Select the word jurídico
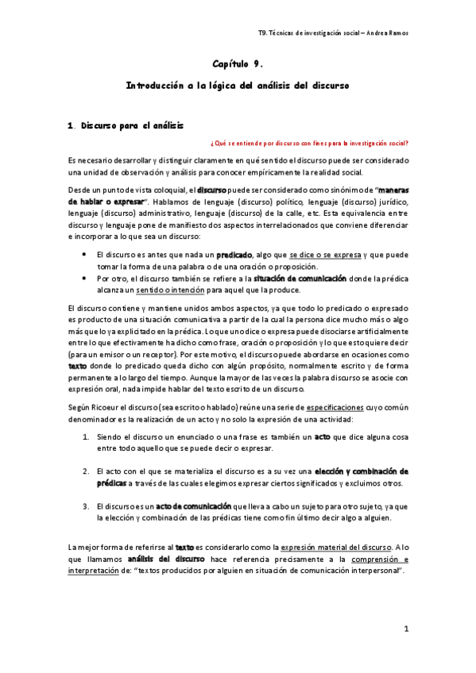coord(391,202)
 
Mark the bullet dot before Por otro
coord(85,279)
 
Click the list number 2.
coord(86,471)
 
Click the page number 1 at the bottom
coord(406,629)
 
